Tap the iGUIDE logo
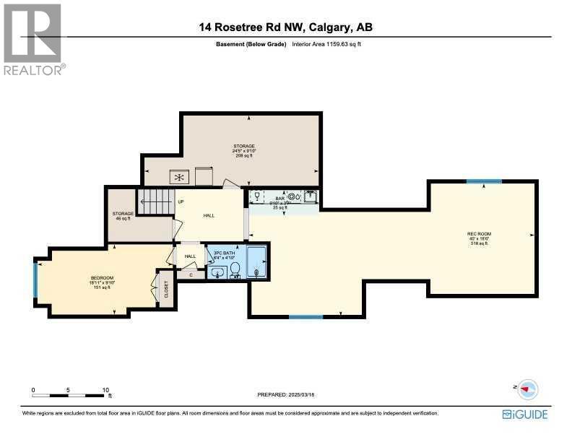click(x=525, y=414)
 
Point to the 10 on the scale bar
click(x=105, y=389)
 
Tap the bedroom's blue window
click(x=35, y=279)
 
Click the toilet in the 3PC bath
click(x=235, y=270)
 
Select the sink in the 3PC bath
click(x=217, y=272)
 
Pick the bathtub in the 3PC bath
click(x=256, y=262)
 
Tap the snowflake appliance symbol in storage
click(x=178, y=176)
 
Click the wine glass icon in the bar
click(x=257, y=195)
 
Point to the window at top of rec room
click(x=483, y=181)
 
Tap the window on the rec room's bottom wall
click(x=305, y=316)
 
